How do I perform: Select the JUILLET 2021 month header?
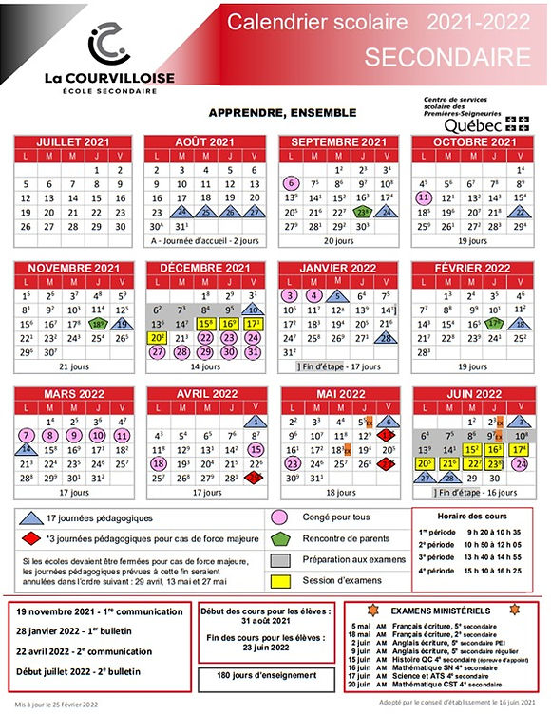pyautogui.click(x=73, y=141)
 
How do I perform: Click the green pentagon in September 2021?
pyautogui.click(x=362, y=213)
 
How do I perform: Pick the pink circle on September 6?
pyautogui.click(x=292, y=182)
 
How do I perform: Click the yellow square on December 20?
pyautogui.click(x=159, y=338)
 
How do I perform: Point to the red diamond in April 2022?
pyautogui.click(x=254, y=478)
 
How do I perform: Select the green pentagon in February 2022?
pyautogui.click(x=492, y=324)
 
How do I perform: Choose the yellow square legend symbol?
pyautogui.click(x=280, y=579)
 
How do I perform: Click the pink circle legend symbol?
pyautogui.click(x=280, y=517)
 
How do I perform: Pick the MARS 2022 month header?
pyautogui.click(x=73, y=394)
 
